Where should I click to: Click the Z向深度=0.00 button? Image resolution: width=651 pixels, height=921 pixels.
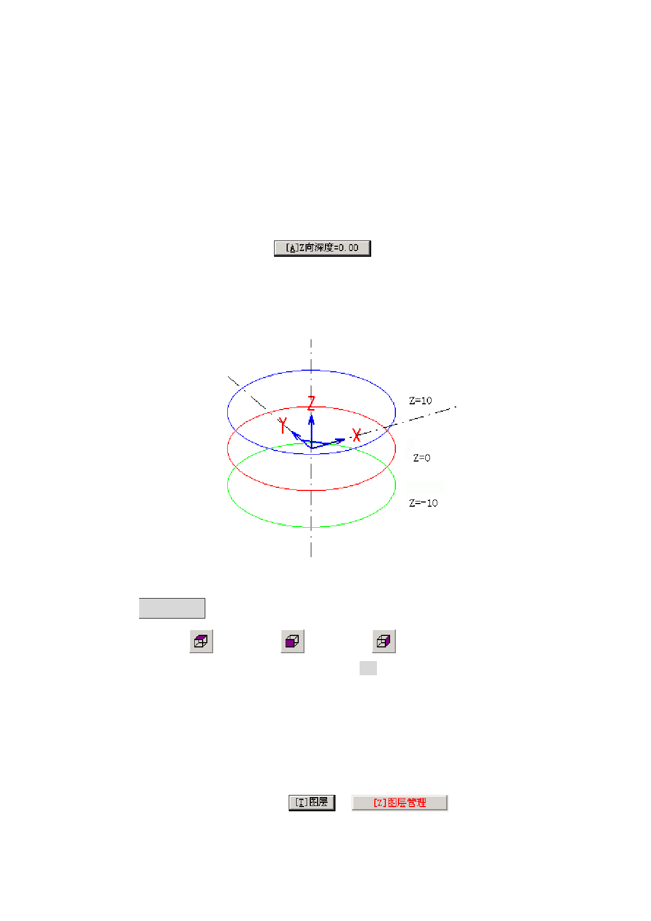[322, 248]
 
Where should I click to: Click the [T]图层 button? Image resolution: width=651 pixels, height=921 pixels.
[312, 802]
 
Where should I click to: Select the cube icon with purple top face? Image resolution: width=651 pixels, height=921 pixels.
[201, 641]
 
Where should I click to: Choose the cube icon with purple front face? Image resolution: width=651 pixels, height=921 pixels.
[292, 641]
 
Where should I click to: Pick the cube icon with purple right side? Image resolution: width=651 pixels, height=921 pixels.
[384, 641]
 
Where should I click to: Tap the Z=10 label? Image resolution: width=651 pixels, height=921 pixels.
[421, 401]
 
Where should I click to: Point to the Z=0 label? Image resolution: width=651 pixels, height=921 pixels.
[422, 458]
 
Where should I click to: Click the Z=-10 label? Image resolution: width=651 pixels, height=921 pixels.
[423, 503]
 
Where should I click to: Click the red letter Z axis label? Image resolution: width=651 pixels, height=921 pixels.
[311, 403]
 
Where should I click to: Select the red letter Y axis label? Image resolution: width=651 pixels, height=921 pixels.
[283, 425]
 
